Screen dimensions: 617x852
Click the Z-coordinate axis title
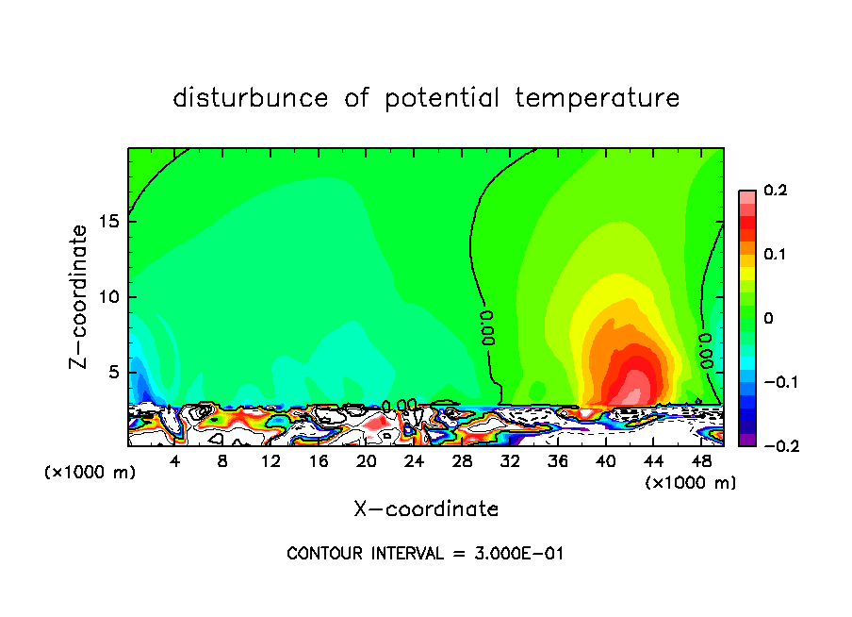click(x=80, y=296)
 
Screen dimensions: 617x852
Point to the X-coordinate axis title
click(x=426, y=509)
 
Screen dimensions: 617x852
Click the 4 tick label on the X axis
click(x=175, y=461)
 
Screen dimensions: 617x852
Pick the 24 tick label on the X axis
click(x=415, y=461)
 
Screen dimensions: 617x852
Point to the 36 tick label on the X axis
click(x=558, y=461)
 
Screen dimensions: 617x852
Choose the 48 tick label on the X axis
click(x=701, y=461)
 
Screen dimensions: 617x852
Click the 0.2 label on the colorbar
click(x=775, y=191)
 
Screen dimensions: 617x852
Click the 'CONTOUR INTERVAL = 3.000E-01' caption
click(x=425, y=554)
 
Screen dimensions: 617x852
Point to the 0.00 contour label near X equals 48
click(x=705, y=348)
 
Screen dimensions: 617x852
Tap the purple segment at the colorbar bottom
click(x=746, y=440)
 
